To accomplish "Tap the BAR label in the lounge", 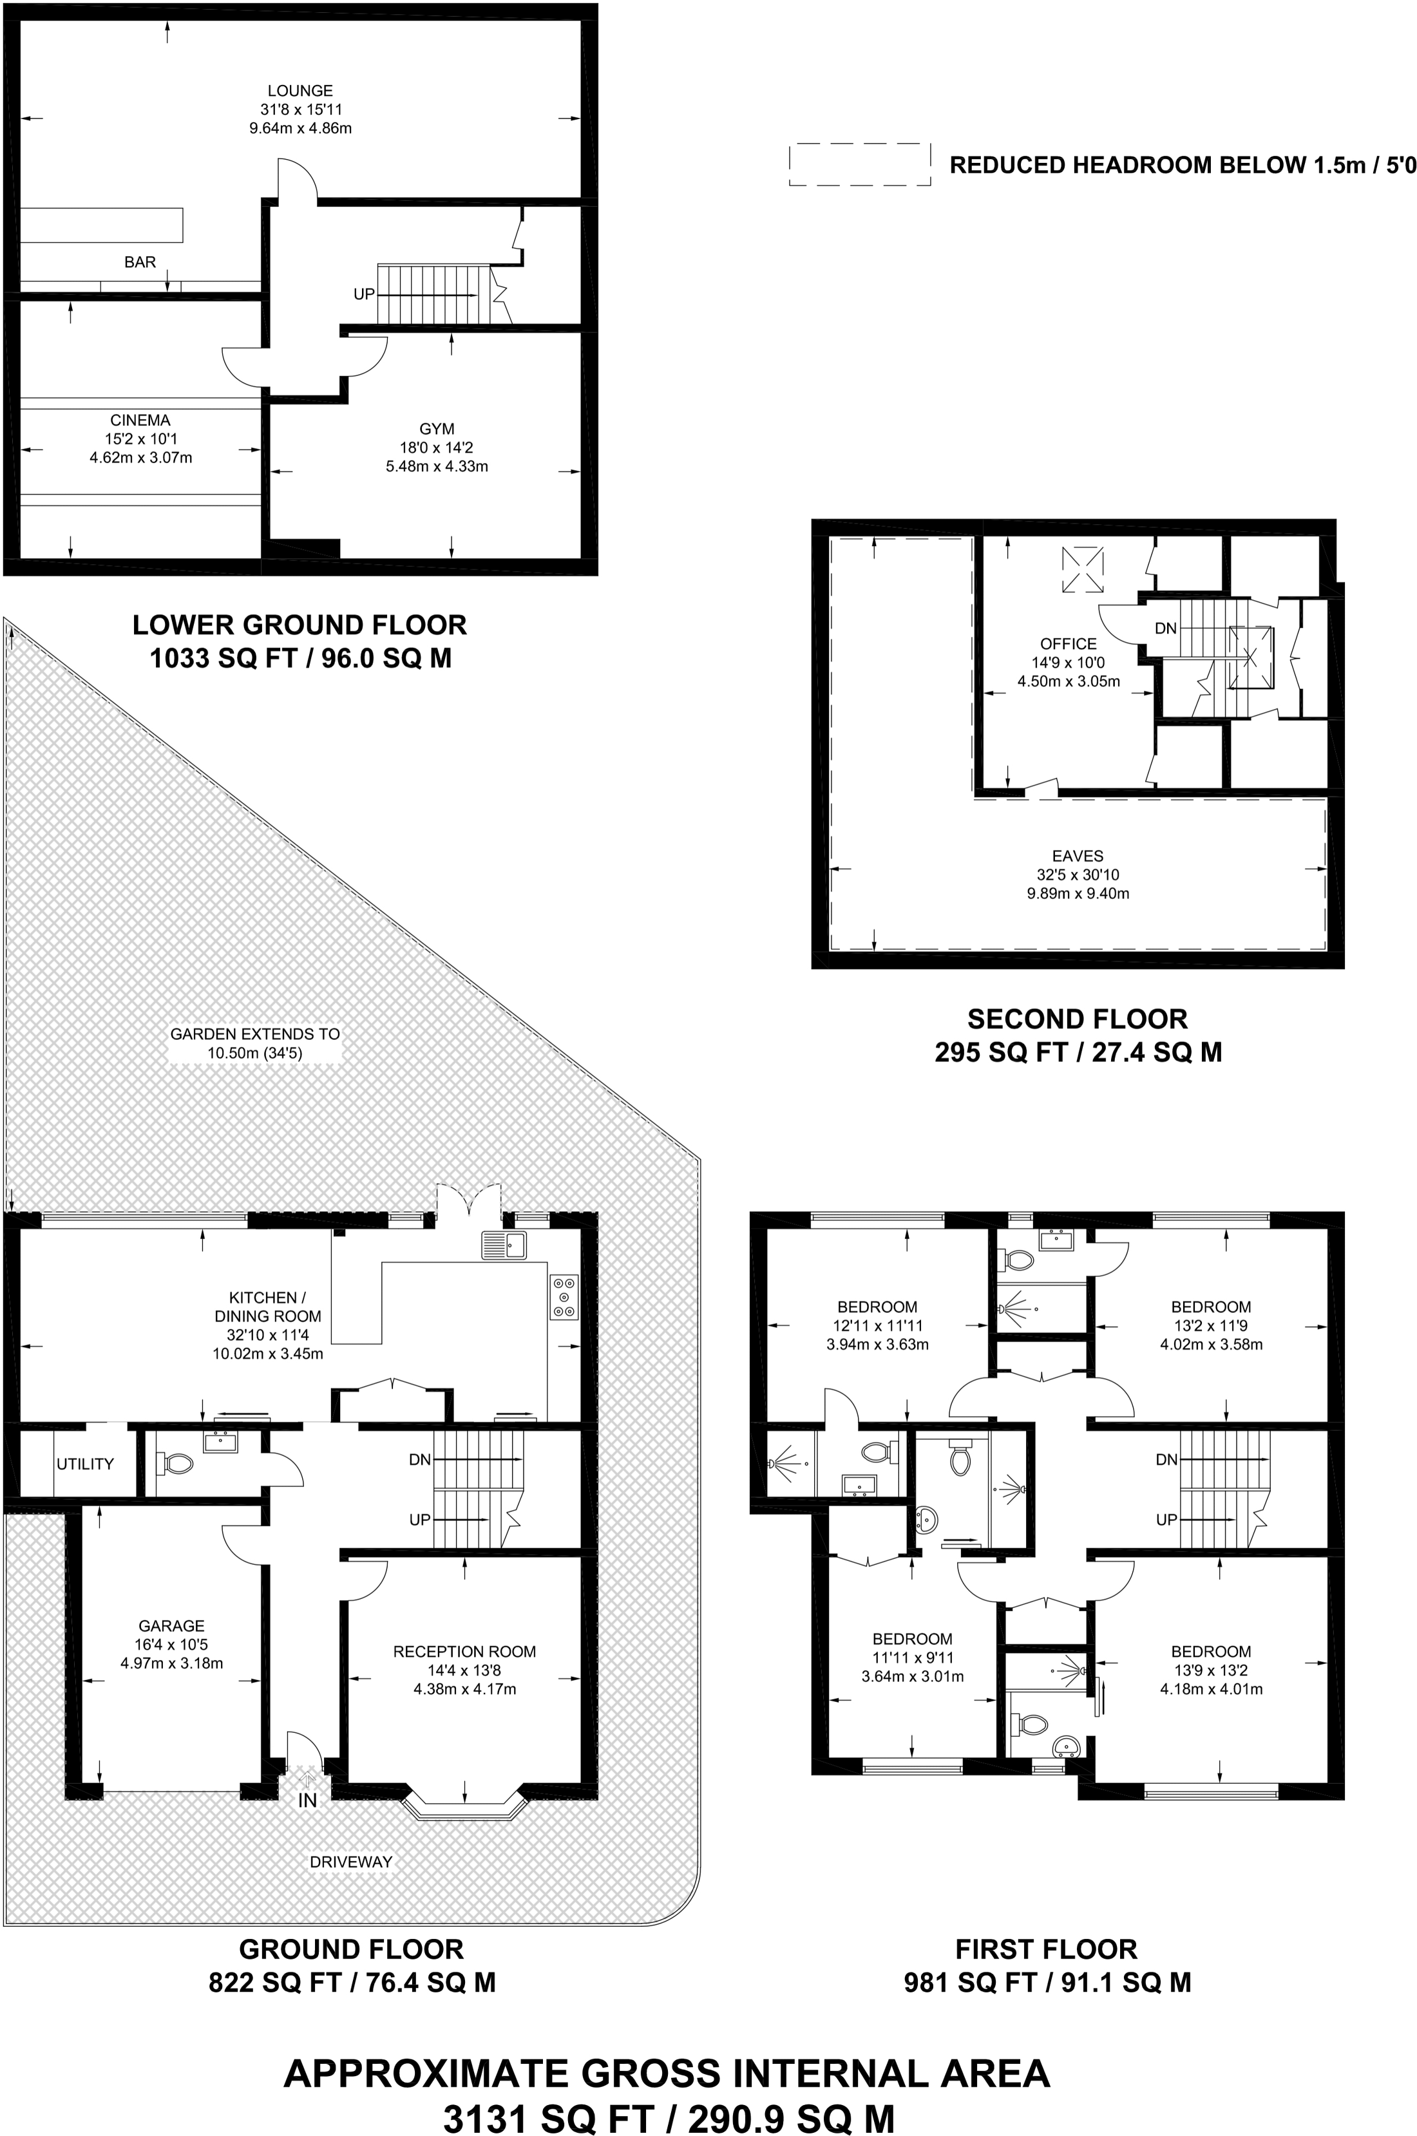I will pyautogui.click(x=140, y=262).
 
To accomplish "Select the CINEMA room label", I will pyautogui.click(x=140, y=420).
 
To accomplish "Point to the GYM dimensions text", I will pyautogui.click(x=437, y=457).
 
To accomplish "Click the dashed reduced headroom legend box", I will pyautogui.click(x=859, y=164).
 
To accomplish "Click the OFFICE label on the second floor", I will pyautogui.click(x=1068, y=643).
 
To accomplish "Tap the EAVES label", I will pyautogui.click(x=1077, y=856).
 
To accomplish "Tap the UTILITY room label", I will pyautogui.click(x=85, y=1464).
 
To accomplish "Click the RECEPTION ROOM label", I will pyautogui.click(x=464, y=1652).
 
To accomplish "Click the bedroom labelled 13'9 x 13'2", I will pyautogui.click(x=1210, y=1651).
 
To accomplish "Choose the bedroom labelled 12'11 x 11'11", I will pyautogui.click(x=877, y=1306).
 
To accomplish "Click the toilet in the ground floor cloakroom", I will pyautogui.click(x=175, y=1463).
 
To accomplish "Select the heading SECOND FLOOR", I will pyautogui.click(x=1077, y=1019).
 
